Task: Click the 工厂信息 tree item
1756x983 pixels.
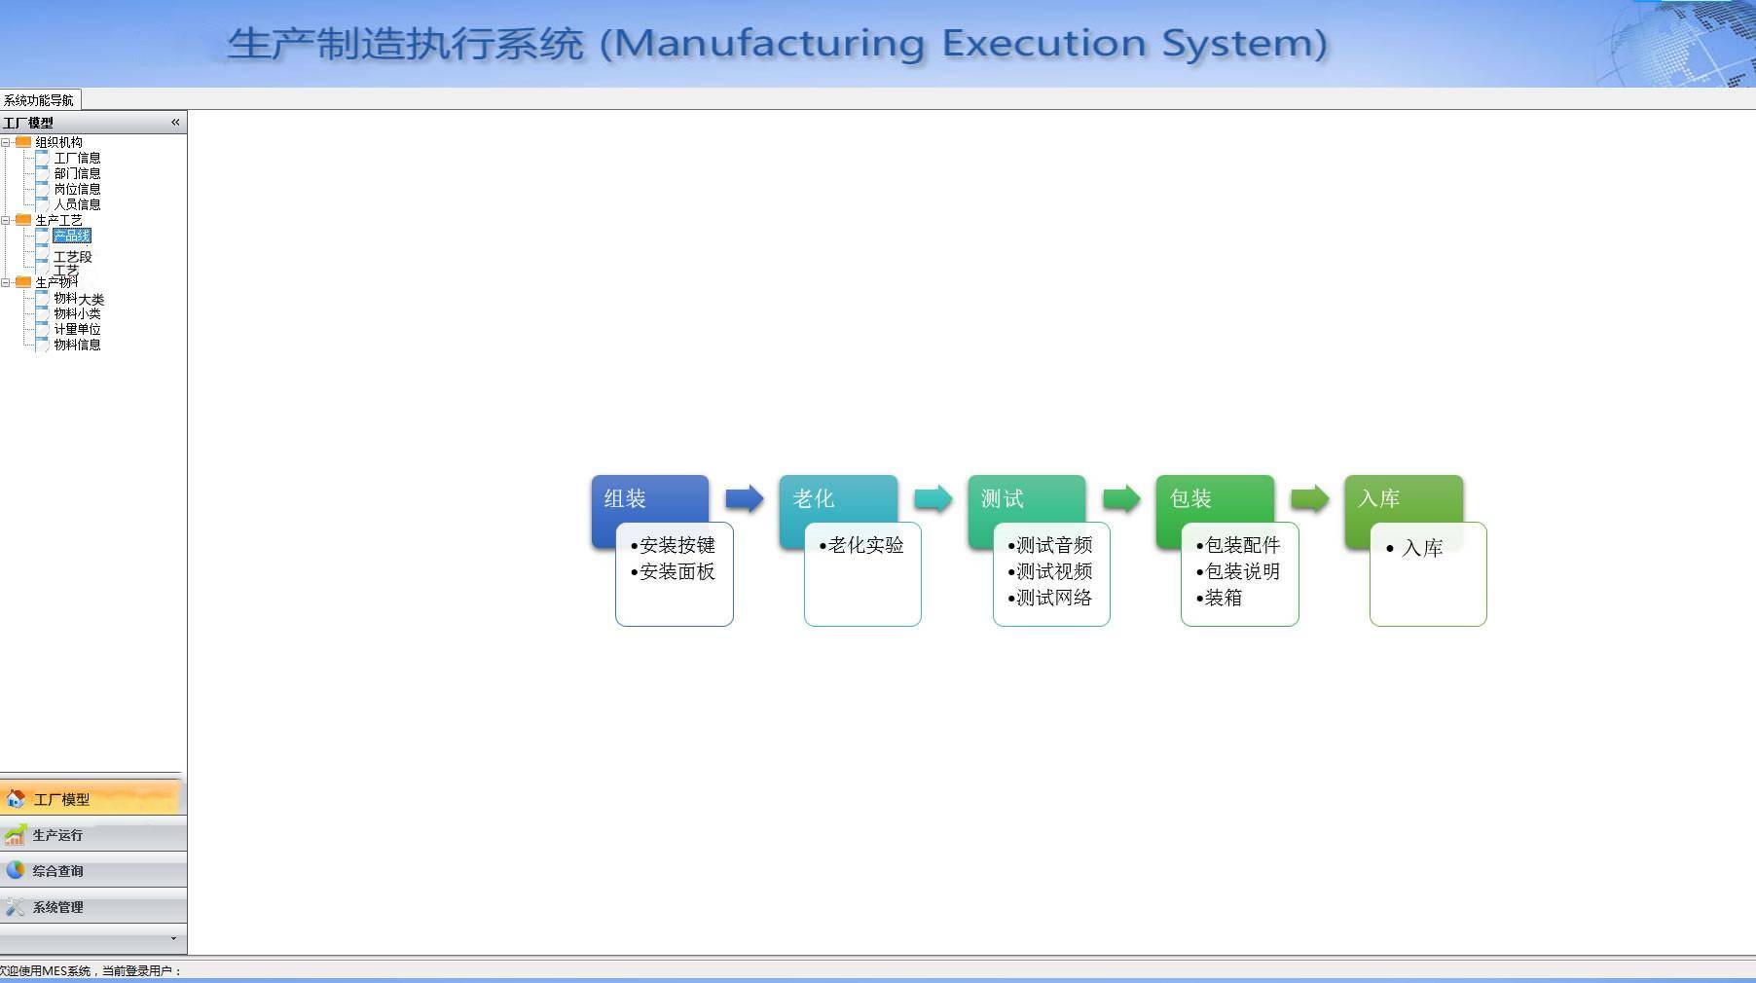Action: coord(77,158)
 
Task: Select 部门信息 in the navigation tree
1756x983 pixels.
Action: coord(77,173)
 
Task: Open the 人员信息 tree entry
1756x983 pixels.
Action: coord(77,204)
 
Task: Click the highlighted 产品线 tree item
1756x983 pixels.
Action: coord(71,236)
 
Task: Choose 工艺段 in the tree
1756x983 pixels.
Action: coord(72,257)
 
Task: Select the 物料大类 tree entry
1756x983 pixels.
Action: coord(79,299)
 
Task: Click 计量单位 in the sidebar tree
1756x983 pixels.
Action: coord(77,329)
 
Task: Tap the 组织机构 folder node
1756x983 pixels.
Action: coord(58,142)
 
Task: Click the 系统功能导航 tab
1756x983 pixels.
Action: coord(39,100)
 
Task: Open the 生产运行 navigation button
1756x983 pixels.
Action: coord(58,835)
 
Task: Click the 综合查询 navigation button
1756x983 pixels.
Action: coord(58,871)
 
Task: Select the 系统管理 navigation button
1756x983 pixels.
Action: coord(58,907)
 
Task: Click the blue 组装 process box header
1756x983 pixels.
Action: coord(649,498)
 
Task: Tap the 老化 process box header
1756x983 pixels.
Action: coord(837,498)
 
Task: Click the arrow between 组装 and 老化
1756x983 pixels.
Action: coord(745,499)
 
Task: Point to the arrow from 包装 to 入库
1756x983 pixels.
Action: coord(1310,499)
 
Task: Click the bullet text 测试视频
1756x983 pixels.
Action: coord(1054,571)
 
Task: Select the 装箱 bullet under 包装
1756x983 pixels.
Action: coord(1224,598)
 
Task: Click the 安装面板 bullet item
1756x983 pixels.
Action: coord(677,571)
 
